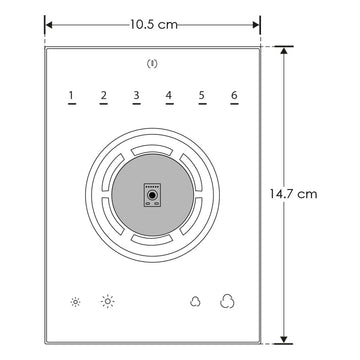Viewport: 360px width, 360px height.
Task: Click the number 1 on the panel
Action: [71, 97]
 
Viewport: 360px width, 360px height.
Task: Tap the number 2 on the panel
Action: [103, 97]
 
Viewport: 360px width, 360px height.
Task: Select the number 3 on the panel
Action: [136, 97]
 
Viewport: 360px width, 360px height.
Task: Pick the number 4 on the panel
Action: [169, 97]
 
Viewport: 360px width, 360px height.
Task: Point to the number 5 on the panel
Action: [202, 97]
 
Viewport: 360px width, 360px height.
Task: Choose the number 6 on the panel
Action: [234, 97]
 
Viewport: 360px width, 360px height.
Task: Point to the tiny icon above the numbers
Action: [152, 65]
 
